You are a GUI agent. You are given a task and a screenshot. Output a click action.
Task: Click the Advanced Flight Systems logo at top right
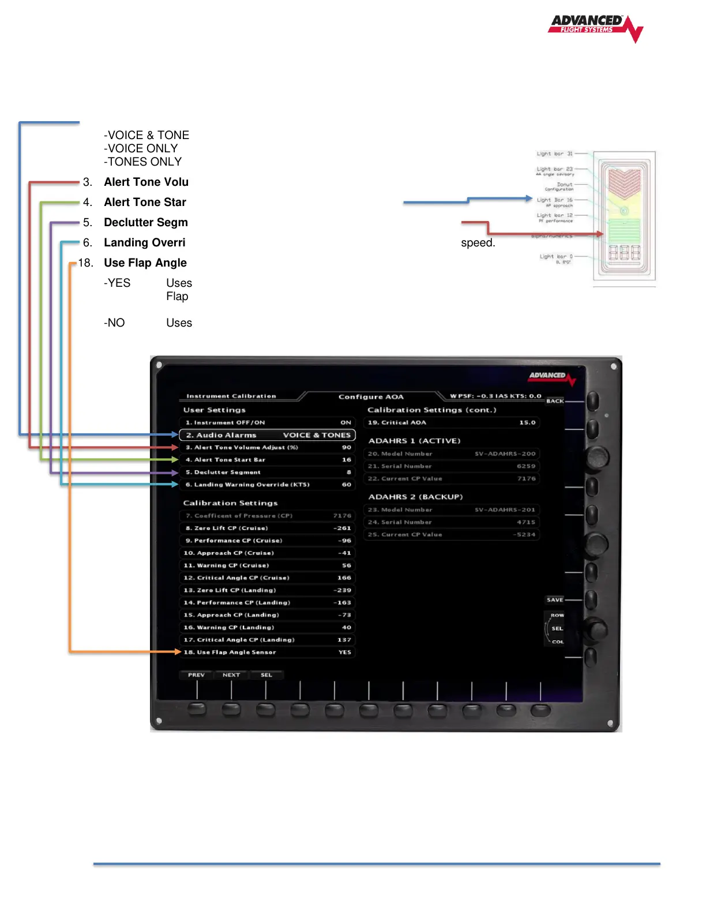594,27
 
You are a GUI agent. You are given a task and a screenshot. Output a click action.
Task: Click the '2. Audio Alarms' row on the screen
267,435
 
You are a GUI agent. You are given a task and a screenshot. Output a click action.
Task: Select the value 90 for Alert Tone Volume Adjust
346,447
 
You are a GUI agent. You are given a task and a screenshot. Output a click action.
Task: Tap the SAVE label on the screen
555,600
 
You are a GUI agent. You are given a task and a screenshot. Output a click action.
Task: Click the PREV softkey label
196,675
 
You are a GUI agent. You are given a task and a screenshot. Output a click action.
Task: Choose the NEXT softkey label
231,675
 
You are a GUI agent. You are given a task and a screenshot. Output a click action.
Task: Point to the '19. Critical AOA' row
452,422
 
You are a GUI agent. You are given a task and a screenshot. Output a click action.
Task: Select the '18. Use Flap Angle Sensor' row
267,652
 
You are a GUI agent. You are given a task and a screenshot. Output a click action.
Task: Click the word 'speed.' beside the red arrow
478,243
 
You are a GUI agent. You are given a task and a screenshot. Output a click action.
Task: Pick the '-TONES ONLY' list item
142,162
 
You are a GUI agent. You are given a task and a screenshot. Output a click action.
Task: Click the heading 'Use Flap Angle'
145,263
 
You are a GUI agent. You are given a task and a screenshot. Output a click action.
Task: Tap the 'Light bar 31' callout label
554,153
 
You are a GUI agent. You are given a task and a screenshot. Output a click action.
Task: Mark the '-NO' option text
114,323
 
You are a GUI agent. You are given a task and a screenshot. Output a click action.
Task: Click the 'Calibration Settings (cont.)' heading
431,410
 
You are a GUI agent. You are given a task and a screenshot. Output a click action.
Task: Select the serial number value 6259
525,466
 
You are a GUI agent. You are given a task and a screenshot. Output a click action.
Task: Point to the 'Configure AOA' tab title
371,396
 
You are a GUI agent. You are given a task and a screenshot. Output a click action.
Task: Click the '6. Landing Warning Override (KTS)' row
267,485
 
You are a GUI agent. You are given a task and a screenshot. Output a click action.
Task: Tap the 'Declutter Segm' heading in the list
146,223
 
